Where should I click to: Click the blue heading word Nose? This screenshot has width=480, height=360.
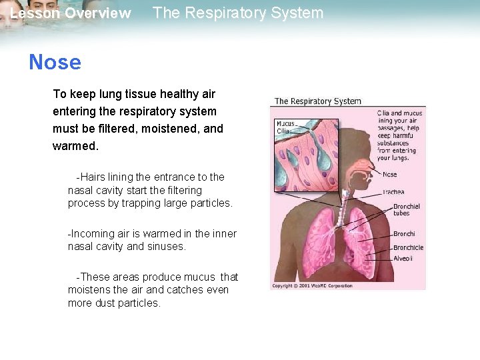point(55,63)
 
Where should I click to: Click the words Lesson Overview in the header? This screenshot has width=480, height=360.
point(71,13)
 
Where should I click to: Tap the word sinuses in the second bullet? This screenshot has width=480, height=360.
point(167,246)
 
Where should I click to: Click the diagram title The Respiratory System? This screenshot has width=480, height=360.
point(318,101)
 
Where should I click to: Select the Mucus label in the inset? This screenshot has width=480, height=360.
point(286,124)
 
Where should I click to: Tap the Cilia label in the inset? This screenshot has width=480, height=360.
point(283,131)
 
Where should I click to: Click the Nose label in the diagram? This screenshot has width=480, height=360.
point(389,175)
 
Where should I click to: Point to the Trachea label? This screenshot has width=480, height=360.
point(393,192)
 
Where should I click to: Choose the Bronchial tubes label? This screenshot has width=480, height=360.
point(406,210)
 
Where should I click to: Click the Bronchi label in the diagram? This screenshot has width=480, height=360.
point(404,234)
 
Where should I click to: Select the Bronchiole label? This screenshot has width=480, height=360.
point(408,247)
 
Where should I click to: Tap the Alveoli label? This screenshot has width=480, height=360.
point(403,258)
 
